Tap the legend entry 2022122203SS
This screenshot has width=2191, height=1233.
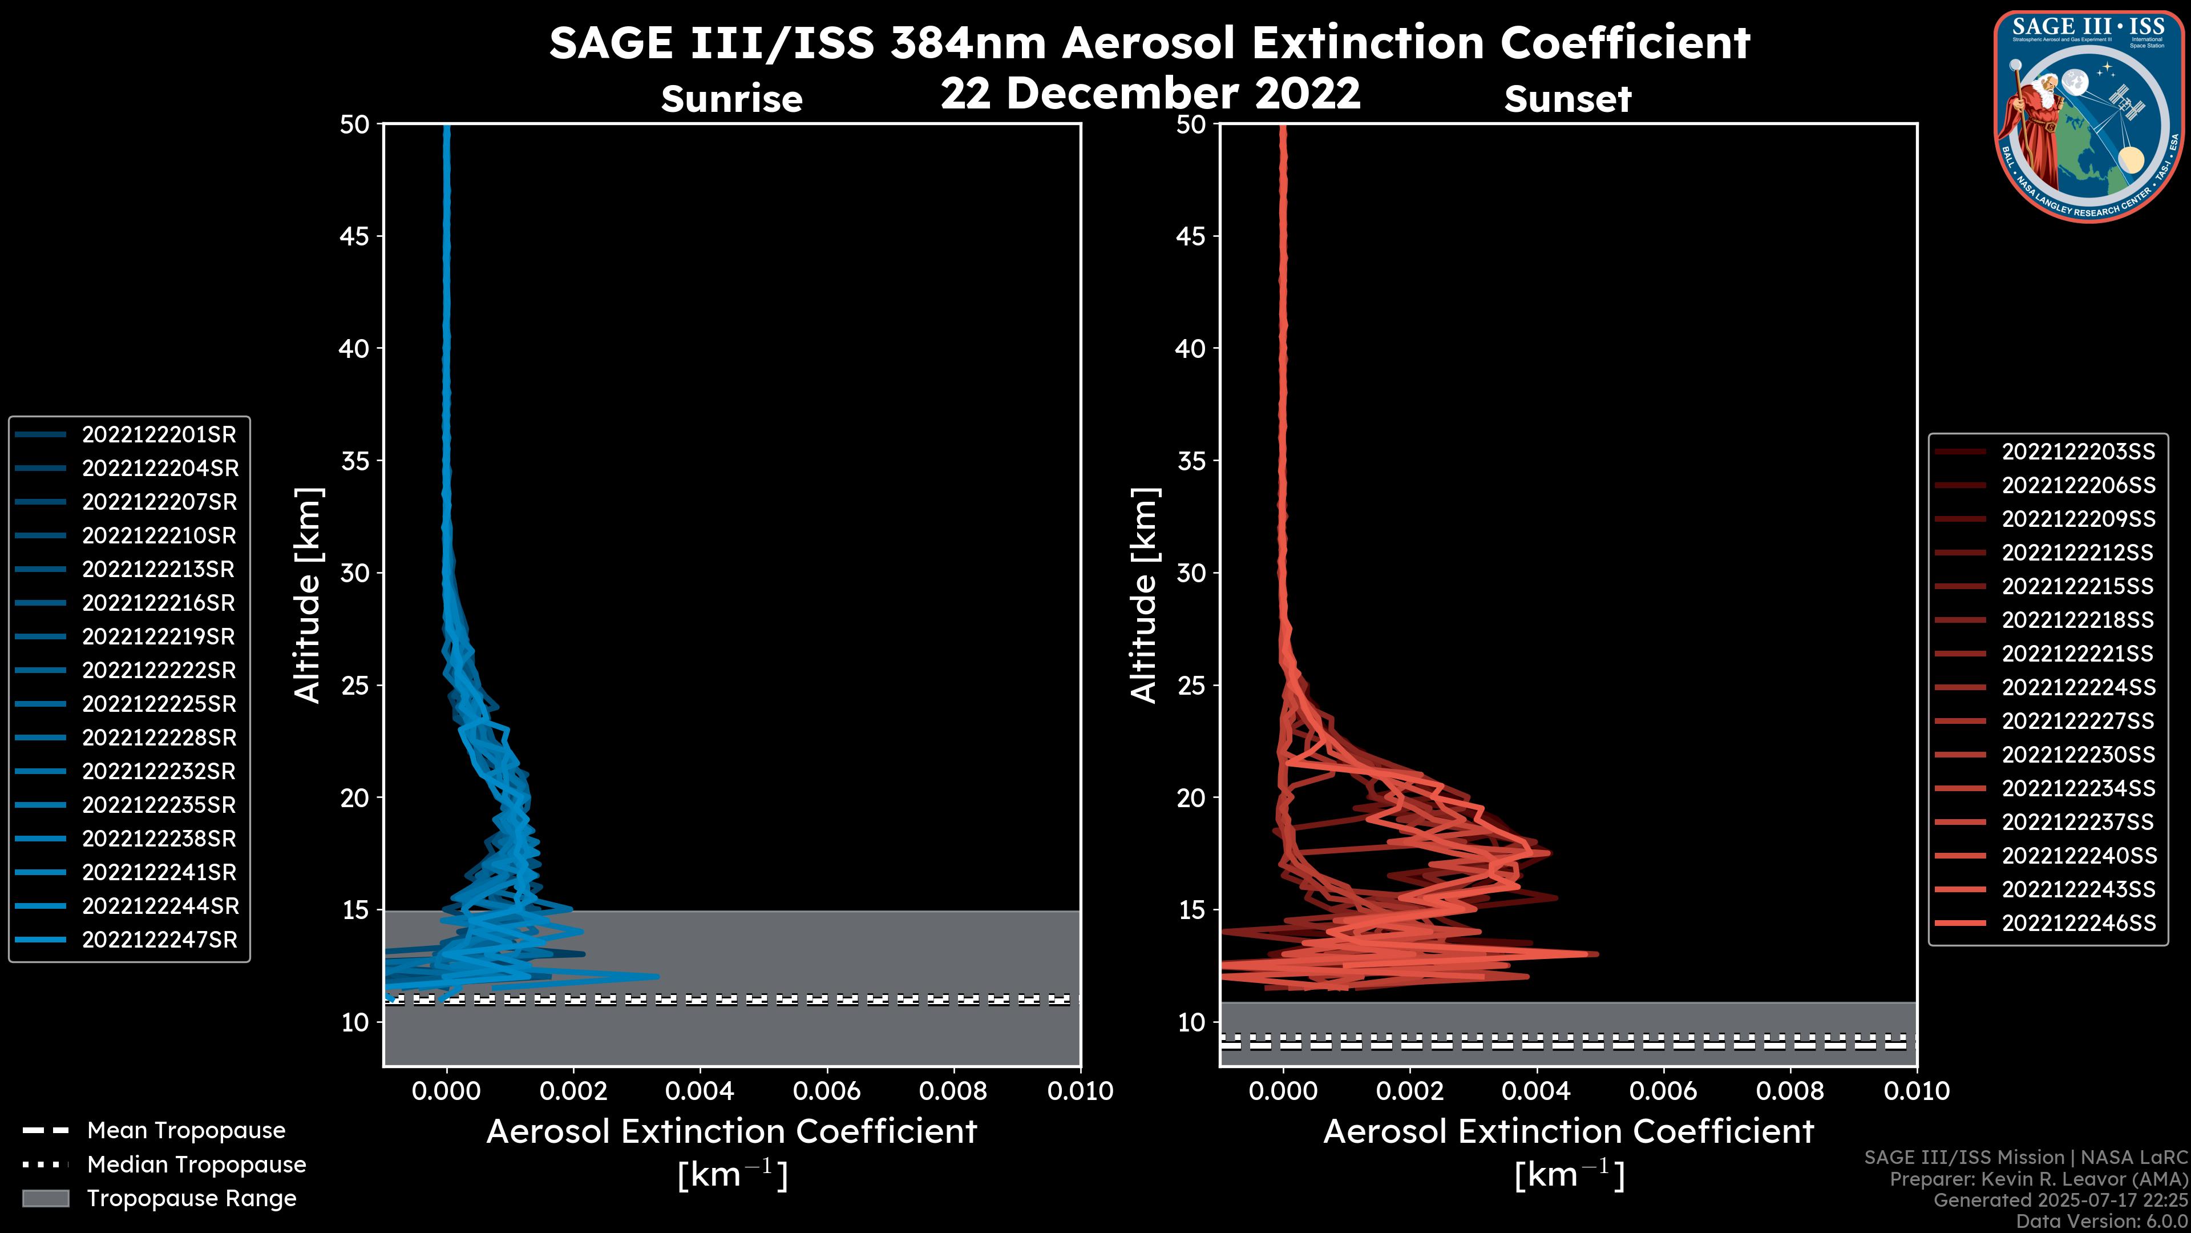click(x=2078, y=452)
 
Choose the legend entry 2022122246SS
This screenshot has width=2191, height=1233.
click(x=2078, y=923)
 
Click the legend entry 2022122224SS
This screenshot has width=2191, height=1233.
click(x=2078, y=687)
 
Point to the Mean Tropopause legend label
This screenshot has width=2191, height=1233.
click(x=186, y=1131)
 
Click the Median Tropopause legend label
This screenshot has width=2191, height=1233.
click(x=196, y=1165)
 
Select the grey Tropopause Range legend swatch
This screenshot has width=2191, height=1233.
click(x=45, y=1199)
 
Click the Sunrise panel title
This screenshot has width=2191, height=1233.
click(x=731, y=99)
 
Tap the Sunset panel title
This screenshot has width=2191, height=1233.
click(x=1567, y=99)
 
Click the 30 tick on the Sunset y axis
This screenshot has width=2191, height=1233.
click(x=1191, y=574)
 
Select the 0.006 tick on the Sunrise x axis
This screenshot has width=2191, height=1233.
click(x=827, y=1091)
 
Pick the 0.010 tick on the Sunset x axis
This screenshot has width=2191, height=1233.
click(x=1917, y=1091)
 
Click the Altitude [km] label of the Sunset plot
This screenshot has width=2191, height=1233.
click(x=1144, y=595)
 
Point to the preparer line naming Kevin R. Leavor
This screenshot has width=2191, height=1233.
click(x=2038, y=1179)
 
